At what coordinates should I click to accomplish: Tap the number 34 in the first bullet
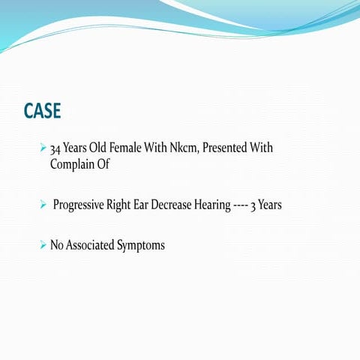(55, 148)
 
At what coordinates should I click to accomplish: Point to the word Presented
(228, 148)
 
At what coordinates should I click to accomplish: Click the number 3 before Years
(274, 205)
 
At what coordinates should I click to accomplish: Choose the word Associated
(93, 244)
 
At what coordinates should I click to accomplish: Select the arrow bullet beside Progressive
(43, 204)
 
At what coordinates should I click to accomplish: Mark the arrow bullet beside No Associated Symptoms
(43, 244)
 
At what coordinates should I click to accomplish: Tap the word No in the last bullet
(58, 244)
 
